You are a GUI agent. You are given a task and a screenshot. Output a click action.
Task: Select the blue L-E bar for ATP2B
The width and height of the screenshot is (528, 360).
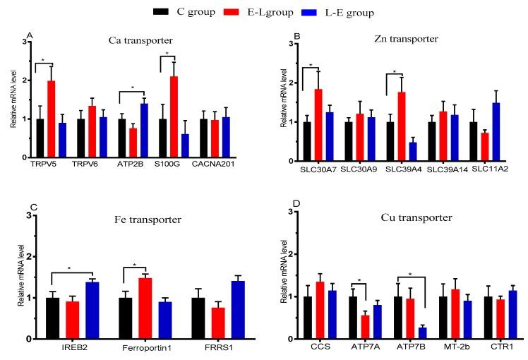point(144,130)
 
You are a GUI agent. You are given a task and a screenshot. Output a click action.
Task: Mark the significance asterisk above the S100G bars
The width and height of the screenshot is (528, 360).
point(167,54)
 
